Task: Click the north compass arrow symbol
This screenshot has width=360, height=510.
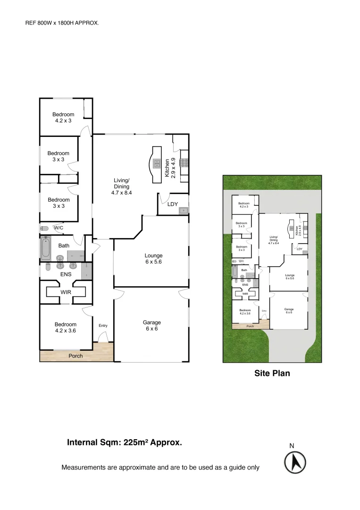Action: (295, 462)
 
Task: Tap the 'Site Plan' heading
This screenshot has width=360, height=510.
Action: (272, 373)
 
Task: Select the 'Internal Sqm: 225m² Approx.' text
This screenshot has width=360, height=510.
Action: (125, 442)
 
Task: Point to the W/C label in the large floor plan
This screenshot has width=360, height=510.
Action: (59, 228)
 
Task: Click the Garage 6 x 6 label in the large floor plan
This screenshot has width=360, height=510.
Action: (151, 325)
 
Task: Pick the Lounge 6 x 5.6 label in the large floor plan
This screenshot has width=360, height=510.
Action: (153, 258)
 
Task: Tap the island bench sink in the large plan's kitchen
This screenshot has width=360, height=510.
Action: (156, 164)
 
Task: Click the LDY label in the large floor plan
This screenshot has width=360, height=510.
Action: (173, 204)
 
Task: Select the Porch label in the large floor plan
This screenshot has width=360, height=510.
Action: (75, 356)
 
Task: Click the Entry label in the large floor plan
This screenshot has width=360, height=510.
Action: (103, 326)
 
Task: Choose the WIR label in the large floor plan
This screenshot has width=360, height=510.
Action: (66, 292)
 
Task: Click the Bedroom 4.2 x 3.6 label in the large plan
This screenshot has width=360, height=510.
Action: (65, 327)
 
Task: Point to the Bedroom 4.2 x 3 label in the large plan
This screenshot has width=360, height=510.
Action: (63, 117)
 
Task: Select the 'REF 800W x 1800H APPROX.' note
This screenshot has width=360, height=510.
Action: (62, 22)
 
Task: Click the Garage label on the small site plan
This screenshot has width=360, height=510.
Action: (289, 311)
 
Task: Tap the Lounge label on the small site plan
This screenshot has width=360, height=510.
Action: (290, 277)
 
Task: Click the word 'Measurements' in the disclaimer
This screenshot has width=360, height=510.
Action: (84, 467)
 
